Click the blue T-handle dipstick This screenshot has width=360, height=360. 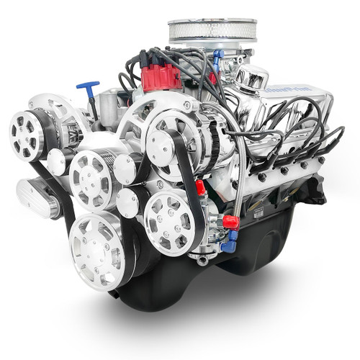89,88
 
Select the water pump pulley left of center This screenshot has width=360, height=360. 94,179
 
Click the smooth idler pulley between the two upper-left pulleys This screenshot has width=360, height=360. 57,163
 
